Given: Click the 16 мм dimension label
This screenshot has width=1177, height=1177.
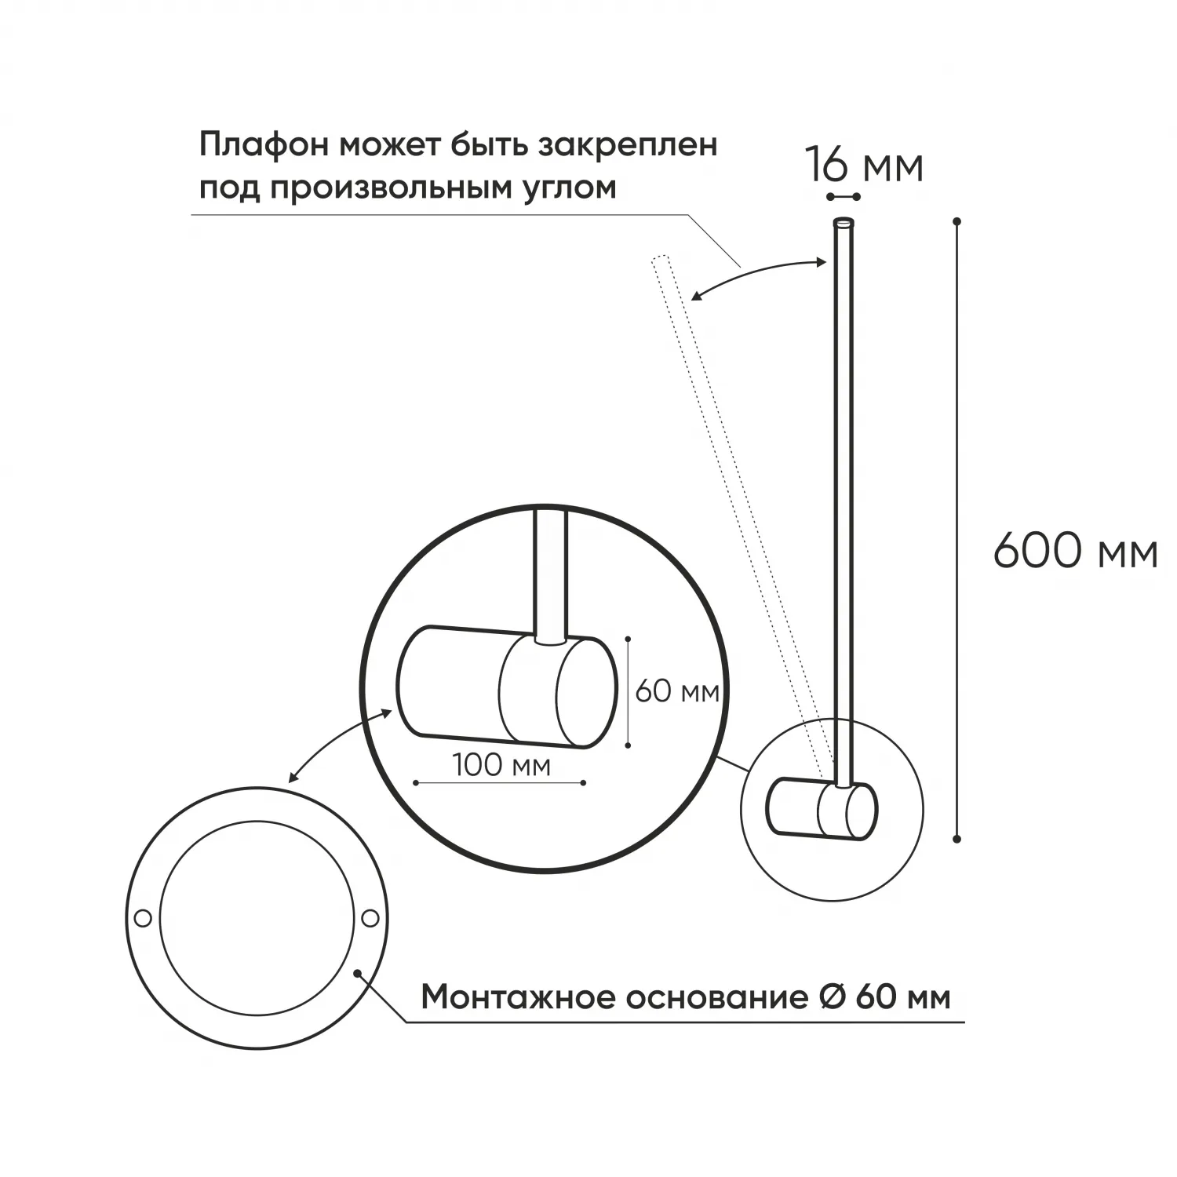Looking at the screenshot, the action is click(864, 166).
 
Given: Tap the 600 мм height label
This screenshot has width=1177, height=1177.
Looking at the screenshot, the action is click(1076, 552).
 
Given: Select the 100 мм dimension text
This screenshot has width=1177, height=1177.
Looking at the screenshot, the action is click(502, 765).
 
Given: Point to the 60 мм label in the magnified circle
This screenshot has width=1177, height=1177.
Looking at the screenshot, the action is click(677, 691).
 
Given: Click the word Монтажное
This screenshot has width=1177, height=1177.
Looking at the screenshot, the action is click(518, 997).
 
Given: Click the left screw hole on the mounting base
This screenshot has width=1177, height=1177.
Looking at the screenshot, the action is click(142, 917).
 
